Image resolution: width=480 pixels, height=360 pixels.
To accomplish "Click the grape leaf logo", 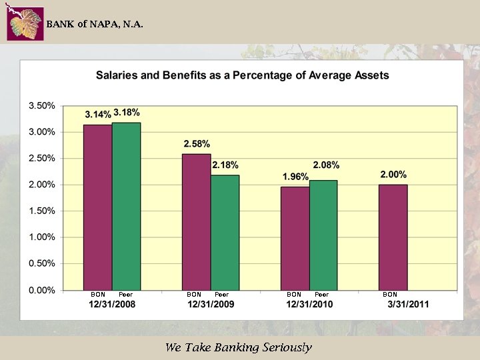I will click(25, 23).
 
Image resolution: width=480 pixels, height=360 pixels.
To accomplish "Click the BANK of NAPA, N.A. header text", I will click(94, 24).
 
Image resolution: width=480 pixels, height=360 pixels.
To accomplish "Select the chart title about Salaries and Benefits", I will click(242, 75).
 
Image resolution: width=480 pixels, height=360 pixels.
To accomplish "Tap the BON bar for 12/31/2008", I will click(97, 207).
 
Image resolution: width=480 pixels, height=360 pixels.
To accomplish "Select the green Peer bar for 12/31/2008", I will click(126, 206).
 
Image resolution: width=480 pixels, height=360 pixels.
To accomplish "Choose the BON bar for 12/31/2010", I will click(295, 238).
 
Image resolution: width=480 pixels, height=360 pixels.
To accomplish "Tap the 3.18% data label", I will click(127, 113).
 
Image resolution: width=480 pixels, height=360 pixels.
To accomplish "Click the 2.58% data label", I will click(197, 143).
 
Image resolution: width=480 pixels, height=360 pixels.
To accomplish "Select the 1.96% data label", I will click(295, 177).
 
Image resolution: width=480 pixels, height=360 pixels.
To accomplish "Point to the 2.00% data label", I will click(393, 174).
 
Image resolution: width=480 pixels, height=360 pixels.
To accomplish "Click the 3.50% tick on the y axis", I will click(41, 106).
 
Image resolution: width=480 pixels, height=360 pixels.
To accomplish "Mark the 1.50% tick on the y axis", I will click(41, 211).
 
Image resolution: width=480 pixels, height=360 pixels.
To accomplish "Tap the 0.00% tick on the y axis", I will click(41, 290).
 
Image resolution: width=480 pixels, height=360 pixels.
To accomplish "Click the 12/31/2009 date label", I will click(211, 305).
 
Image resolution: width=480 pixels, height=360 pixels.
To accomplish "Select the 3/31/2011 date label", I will click(408, 305).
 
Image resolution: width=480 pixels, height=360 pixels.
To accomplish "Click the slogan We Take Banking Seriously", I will click(238, 347).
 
